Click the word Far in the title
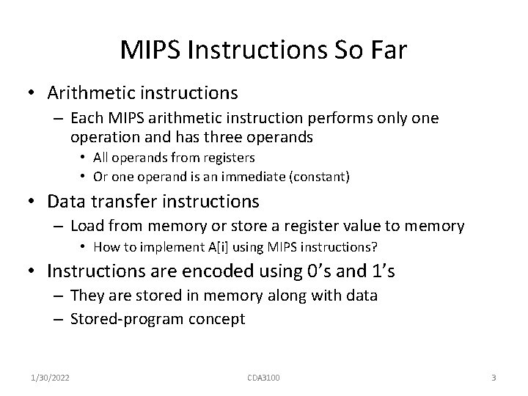[386, 51]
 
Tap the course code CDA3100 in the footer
[263, 378]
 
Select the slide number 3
[494, 378]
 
